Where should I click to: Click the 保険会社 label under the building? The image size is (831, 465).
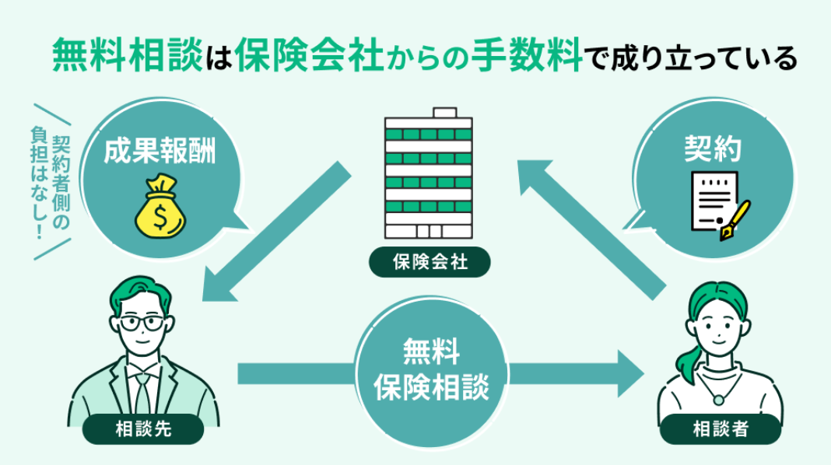[x=430, y=262]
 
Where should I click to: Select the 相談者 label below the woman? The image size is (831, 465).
[x=720, y=427]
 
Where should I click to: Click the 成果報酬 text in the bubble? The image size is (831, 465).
[x=160, y=151]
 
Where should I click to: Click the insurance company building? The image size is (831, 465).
[x=429, y=174]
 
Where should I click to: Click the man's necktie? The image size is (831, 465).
[x=142, y=392]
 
